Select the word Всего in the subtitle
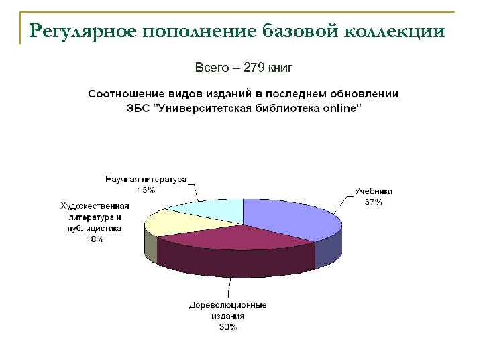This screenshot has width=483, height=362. pyautogui.click(x=209, y=67)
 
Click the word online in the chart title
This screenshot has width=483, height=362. pyautogui.click(x=341, y=107)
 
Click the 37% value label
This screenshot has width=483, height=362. pyautogui.click(x=373, y=202)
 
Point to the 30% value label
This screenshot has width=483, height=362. pyautogui.click(x=227, y=327)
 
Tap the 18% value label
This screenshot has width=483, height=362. pyautogui.click(x=95, y=239)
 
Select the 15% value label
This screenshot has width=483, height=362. pyautogui.click(x=146, y=190)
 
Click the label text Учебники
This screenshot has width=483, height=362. pyautogui.click(x=374, y=191)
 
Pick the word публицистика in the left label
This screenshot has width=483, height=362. pyautogui.click(x=95, y=228)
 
